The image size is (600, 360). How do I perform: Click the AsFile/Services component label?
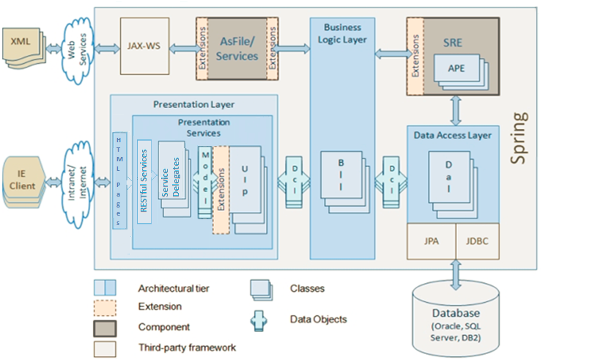(237, 49)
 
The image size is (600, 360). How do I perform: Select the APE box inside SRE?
(456, 70)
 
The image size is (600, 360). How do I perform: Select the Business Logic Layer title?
(342, 33)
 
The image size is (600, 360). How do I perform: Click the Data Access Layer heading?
(453, 135)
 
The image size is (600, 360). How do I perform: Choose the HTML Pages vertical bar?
(119, 180)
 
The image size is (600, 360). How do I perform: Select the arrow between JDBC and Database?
(456, 272)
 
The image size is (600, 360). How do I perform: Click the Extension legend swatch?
(105, 306)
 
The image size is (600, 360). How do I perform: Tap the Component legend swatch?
(105, 326)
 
